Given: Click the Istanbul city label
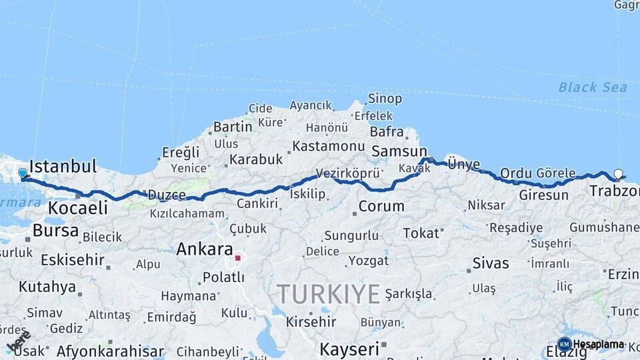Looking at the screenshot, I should (x=63, y=166).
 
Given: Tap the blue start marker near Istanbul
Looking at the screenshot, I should (x=23, y=173).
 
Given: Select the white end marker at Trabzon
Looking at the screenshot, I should (x=618, y=174).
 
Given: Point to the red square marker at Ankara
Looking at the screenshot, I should (x=237, y=257).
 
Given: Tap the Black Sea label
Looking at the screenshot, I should (x=593, y=87).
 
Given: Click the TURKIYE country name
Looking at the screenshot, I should (x=329, y=294).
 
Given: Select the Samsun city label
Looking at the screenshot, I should (x=399, y=151).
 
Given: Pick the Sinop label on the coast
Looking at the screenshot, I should (x=385, y=99).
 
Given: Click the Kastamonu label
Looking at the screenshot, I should (x=329, y=146).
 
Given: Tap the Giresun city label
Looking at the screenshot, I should (x=543, y=195).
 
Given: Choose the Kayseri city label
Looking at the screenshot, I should (x=349, y=349).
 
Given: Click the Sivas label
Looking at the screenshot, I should (x=490, y=263).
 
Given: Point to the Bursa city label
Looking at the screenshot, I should (x=55, y=231).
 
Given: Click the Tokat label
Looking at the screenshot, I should (x=421, y=233).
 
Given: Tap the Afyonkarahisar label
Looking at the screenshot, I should (x=110, y=351).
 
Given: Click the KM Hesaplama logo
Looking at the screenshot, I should (x=591, y=345).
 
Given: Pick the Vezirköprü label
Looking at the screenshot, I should (x=347, y=173).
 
